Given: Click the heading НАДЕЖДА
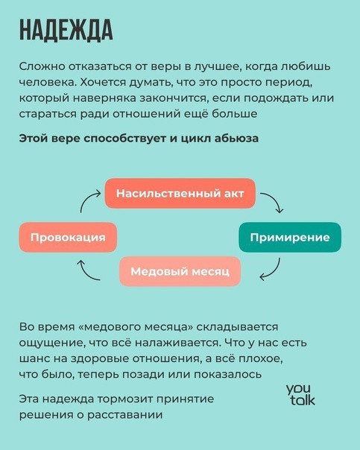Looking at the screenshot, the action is (x=66, y=30).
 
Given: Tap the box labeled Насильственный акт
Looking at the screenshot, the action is (x=180, y=194).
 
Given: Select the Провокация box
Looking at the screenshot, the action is (x=68, y=238).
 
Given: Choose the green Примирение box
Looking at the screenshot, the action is (x=290, y=238).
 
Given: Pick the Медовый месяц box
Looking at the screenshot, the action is (x=180, y=271).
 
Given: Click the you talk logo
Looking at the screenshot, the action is (x=300, y=395).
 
